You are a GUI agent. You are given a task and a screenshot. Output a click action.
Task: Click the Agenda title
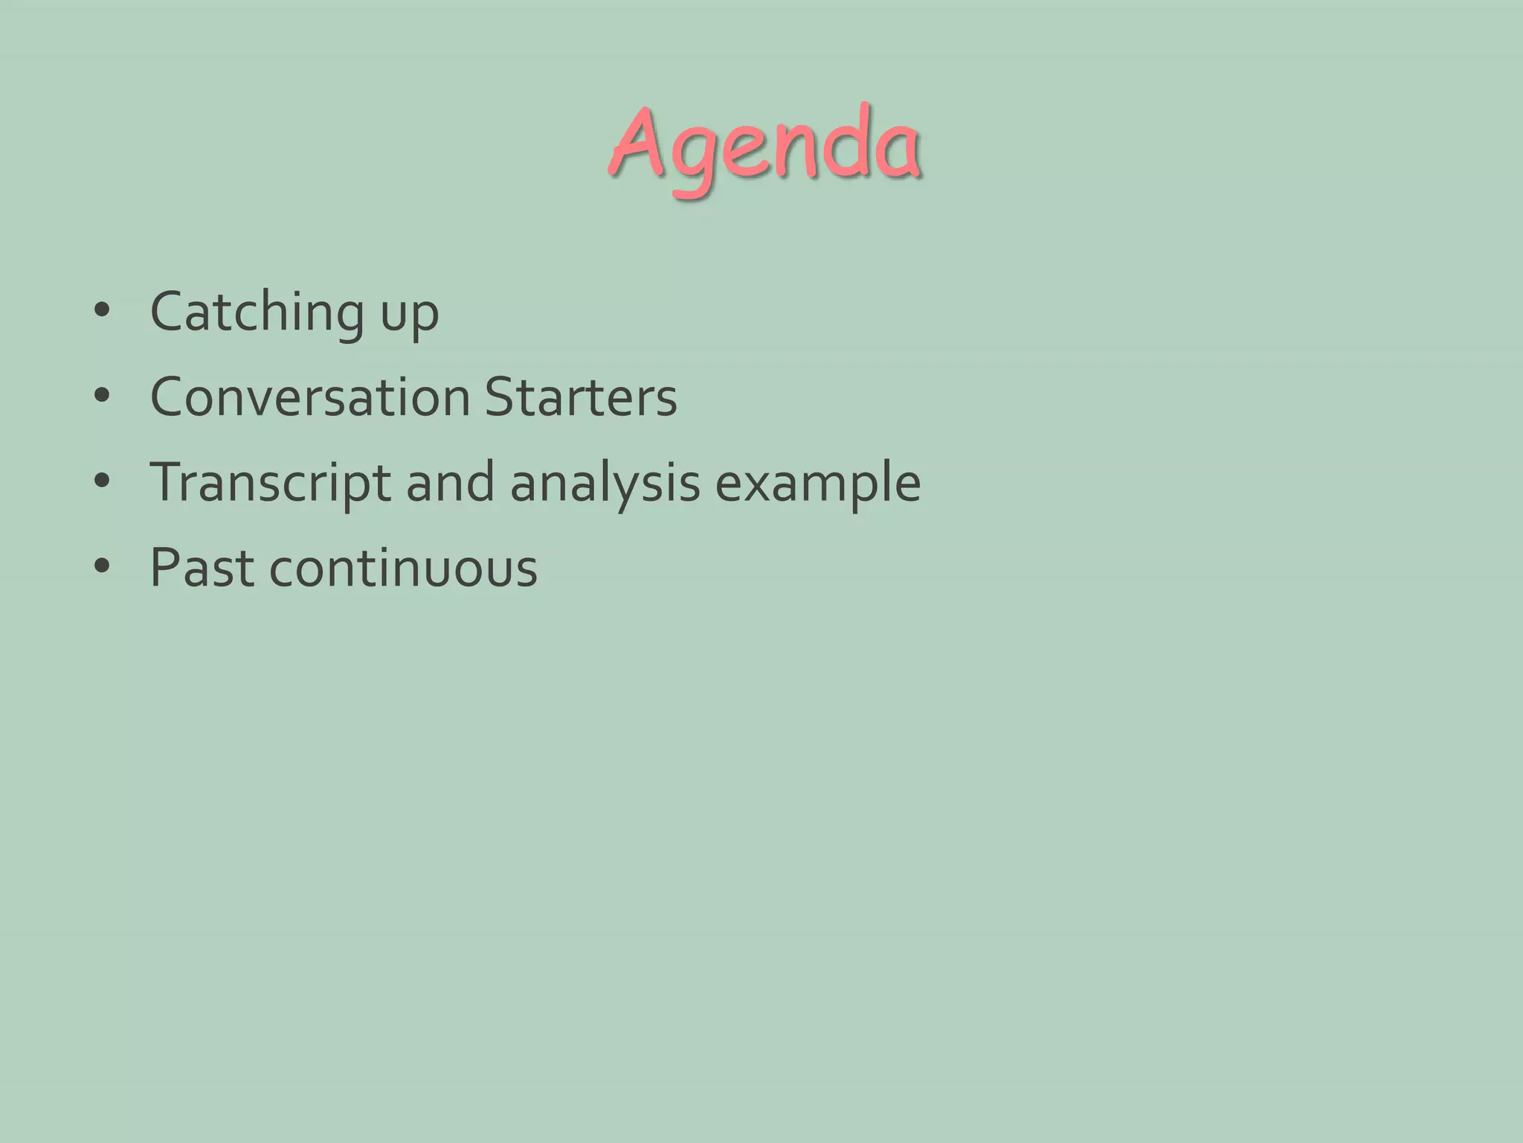[764, 145]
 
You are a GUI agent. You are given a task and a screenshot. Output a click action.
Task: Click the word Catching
[257, 313]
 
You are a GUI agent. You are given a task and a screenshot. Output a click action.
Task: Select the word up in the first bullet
[410, 316]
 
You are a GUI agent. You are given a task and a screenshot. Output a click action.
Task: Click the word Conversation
[310, 397]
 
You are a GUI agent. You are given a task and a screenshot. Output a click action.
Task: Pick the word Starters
[581, 397]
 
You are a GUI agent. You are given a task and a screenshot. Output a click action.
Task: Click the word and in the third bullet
[450, 482]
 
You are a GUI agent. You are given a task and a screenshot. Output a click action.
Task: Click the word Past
[201, 568]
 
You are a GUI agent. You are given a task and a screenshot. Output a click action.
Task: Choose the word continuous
[403, 568]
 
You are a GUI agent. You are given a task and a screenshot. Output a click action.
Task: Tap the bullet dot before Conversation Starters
[103, 396]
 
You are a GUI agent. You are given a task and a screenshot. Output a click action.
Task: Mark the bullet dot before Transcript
[103, 481]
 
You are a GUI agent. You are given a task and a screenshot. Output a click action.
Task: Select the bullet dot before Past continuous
[103, 567]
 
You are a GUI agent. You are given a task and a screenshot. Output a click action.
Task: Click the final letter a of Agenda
[898, 153]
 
